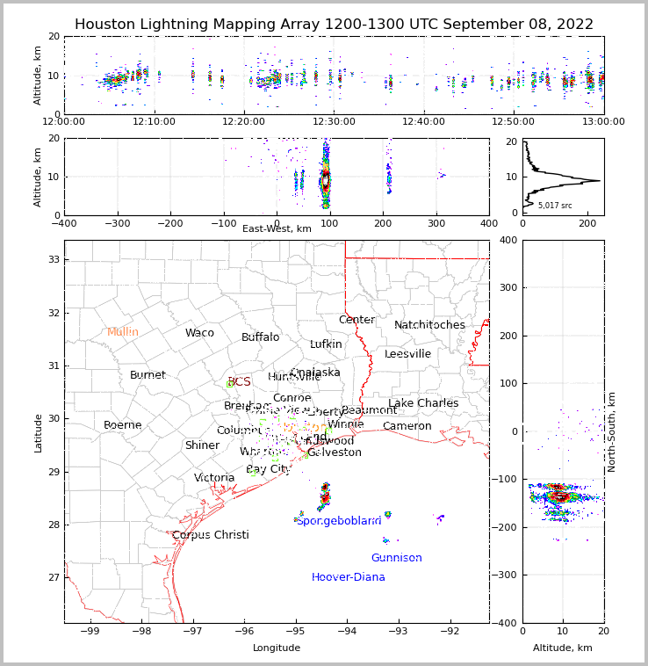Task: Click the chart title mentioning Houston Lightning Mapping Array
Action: pos(334,25)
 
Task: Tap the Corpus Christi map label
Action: pos(210,535)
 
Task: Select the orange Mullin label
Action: pos(123,332)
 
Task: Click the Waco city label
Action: pos(199,333)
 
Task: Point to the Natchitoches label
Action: pos(429,325)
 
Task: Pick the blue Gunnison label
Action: pos(396,558)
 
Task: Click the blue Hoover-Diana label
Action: pos(348,577)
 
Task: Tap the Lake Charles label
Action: pos(423,403)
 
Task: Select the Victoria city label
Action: pos(214,478)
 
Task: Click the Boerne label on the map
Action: pos(122,425)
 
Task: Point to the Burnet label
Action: pos(148,375)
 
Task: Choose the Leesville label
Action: pos(407,354)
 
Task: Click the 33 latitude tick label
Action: pos(54,259)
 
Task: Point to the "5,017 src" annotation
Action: pos(555,206)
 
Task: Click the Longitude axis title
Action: pos(277,648)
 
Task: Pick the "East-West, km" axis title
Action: pos(277,229)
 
